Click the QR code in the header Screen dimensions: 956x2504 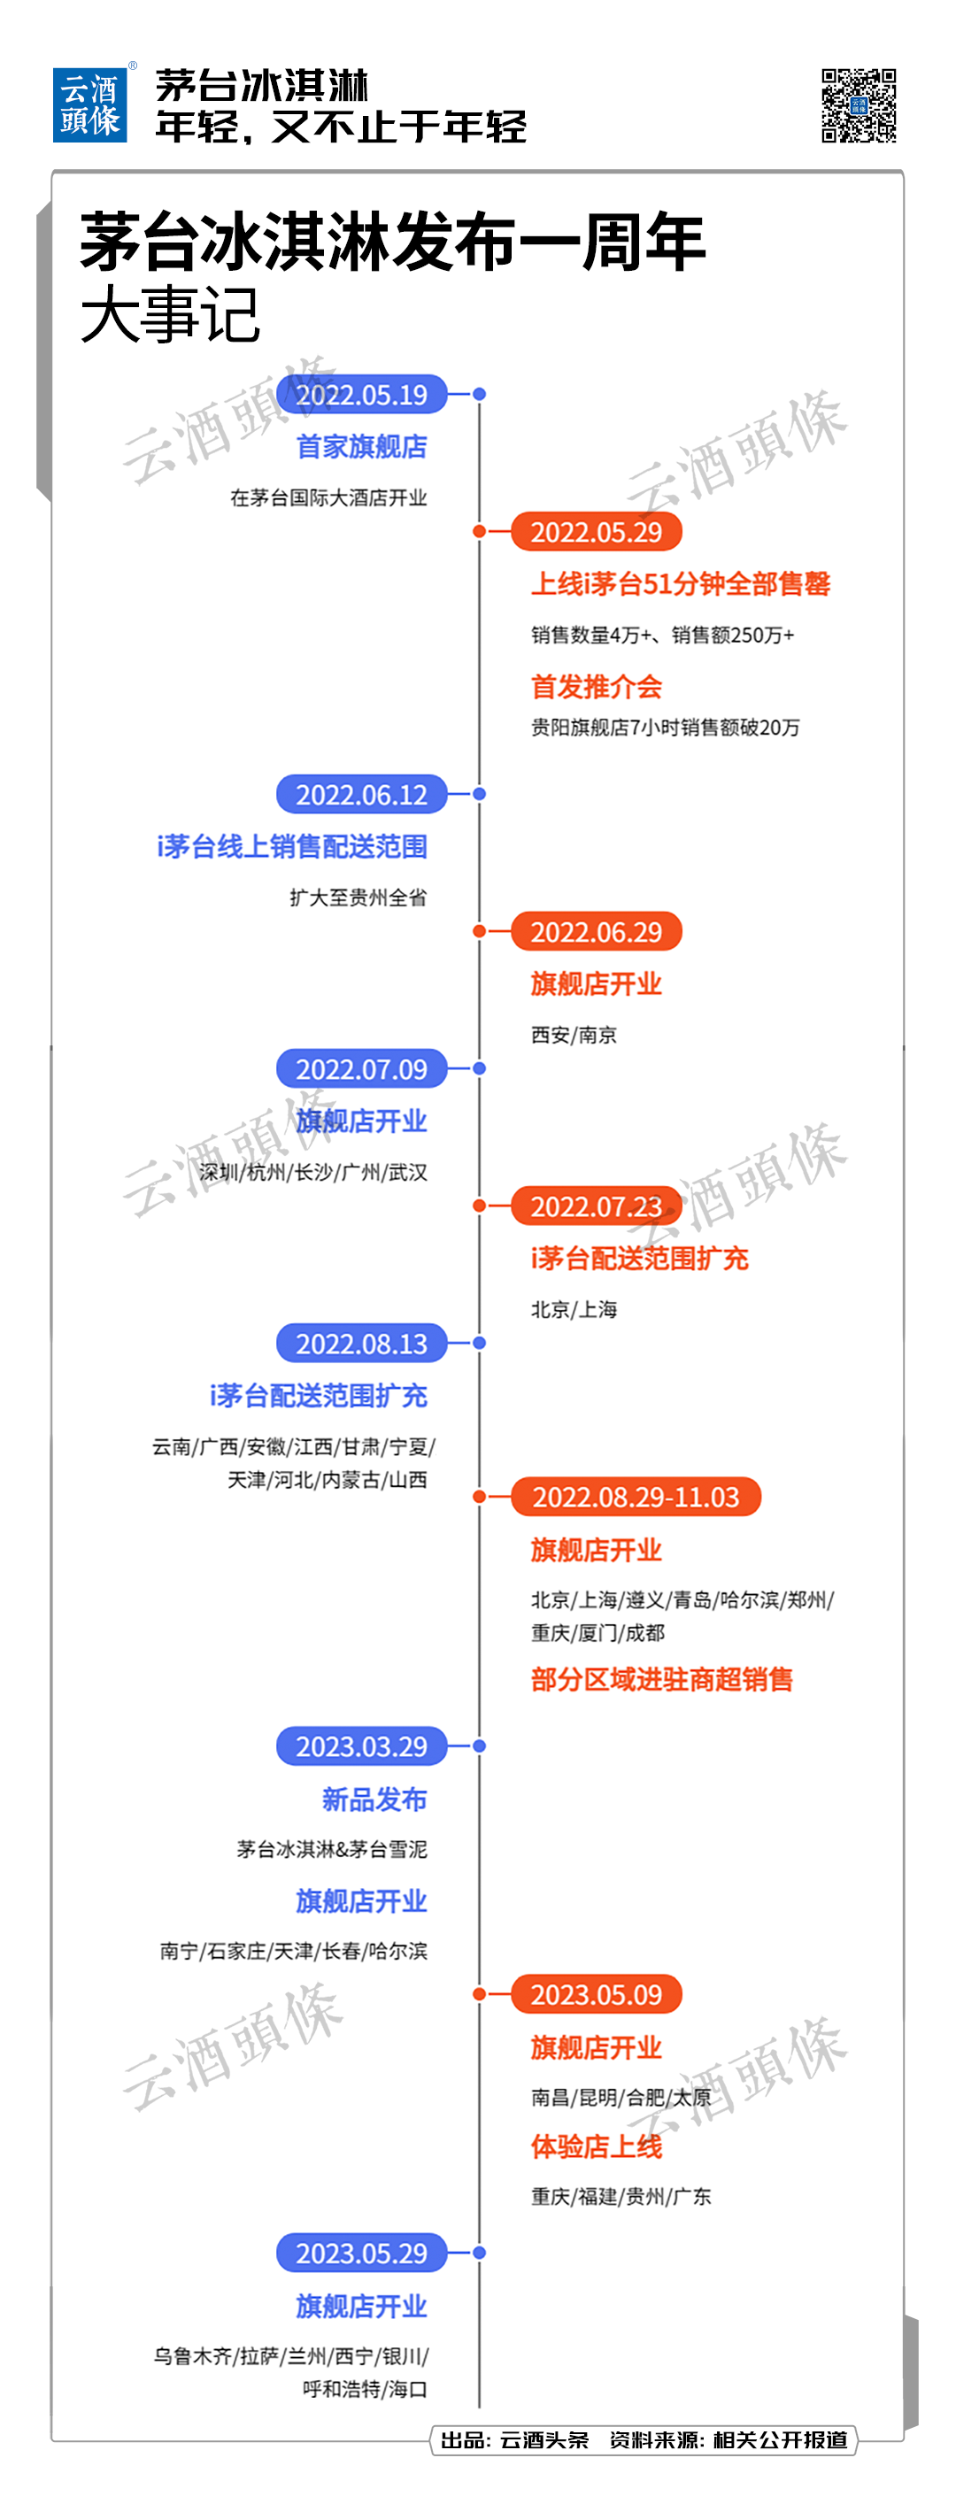tap(858, 105)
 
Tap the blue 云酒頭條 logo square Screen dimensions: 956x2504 tap(89, 105)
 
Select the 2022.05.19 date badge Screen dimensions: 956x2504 tap(362, 394)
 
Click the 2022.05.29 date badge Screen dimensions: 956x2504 tap(596, 532)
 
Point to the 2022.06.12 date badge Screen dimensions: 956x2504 tap(362, 794)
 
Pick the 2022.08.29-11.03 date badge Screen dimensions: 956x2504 tap(636, 1496)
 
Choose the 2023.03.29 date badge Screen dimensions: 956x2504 tap(362, 1745)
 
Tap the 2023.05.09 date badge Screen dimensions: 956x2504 tap(596, 1993)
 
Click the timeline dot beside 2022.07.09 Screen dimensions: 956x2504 tap(480, 1068)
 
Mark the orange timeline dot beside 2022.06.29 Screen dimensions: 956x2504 tap(480, 931)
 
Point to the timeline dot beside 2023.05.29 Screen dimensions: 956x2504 tap(480, 2253)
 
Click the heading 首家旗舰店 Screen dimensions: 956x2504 tap(362, 446)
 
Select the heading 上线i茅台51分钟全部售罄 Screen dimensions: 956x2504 tap(681, 583)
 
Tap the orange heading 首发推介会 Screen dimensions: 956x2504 tap(596, 686)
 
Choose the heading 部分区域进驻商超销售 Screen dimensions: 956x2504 tap(662, 1679)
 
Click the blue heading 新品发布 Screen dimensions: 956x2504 tap(374, 1799)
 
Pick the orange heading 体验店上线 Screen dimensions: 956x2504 tap(596, 2146)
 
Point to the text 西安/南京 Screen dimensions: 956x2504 tap(574, 1034)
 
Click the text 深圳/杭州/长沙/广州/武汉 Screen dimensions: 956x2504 tap(313, 1172)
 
